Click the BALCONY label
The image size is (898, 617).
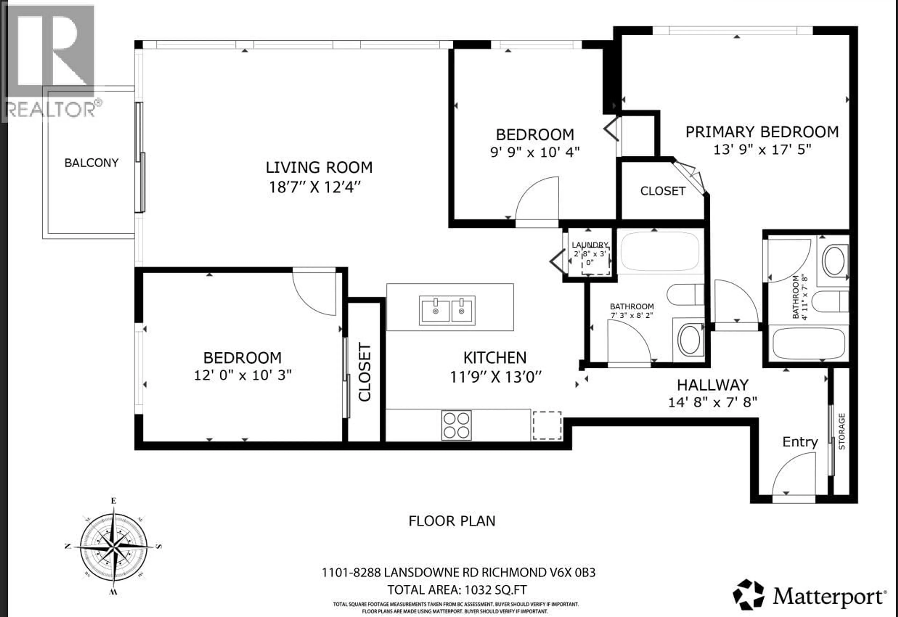pyautogui.click(x=91, y=163)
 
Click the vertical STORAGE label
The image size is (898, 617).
pyautogui.click(x=842, y=431)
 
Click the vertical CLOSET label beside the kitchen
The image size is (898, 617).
pyautogui.click(x=365, y=372)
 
